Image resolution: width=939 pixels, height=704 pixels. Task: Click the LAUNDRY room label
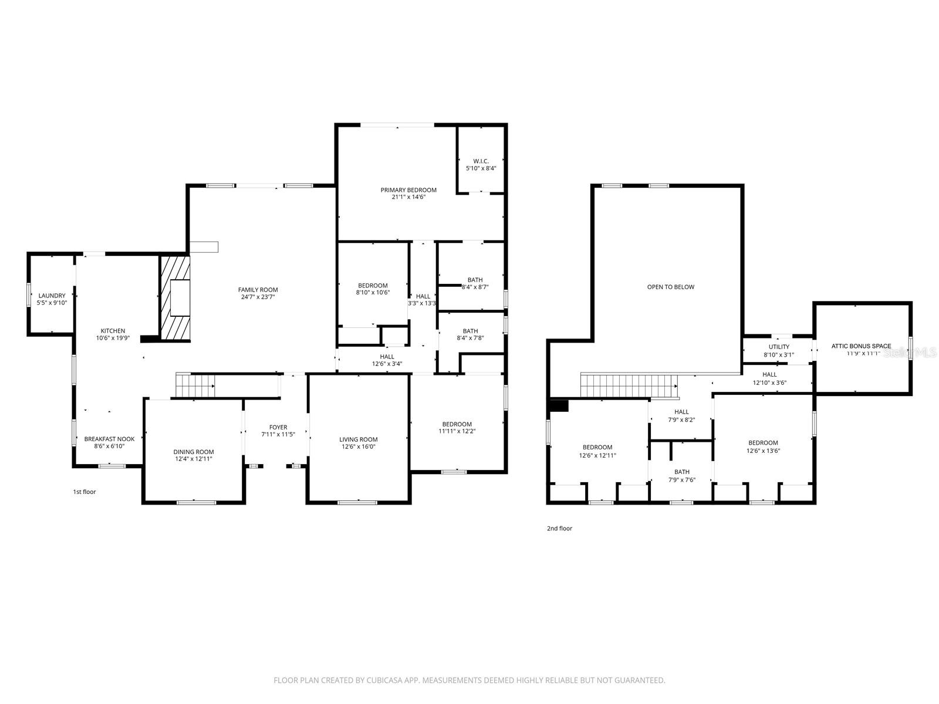52,296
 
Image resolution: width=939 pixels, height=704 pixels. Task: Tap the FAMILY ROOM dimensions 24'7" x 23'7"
258,297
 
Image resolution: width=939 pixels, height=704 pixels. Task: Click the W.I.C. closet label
481,161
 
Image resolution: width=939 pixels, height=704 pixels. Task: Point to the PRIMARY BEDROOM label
408,190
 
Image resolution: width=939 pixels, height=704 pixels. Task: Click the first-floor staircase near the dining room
195,386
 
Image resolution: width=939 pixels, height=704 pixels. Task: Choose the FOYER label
278,427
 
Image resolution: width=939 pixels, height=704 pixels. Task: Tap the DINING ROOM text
194,452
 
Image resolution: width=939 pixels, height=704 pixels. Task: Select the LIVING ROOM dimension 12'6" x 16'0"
358,447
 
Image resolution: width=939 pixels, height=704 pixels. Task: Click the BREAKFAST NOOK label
109,439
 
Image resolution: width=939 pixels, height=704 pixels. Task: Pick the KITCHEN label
113,331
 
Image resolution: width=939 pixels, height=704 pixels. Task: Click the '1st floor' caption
85,492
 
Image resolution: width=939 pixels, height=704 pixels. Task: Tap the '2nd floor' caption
559,529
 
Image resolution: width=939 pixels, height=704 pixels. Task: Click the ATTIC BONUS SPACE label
861,346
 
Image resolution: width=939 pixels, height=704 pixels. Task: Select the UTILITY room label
779,347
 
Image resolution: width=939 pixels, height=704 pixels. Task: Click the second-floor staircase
629,386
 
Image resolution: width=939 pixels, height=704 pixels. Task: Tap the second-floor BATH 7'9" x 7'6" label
682,472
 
